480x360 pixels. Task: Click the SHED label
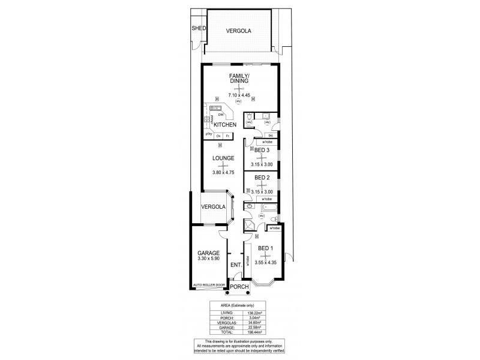coord(199,28)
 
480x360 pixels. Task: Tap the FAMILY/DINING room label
coord(238,79)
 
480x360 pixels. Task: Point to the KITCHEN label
coord(225,124)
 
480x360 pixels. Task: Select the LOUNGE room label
coord(222,158)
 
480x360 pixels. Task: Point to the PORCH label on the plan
coord(239,286)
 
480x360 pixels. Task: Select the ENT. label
coord(236,265)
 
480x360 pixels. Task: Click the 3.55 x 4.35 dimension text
coord(265,263)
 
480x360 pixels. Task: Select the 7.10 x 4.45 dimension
coord(238,95)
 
